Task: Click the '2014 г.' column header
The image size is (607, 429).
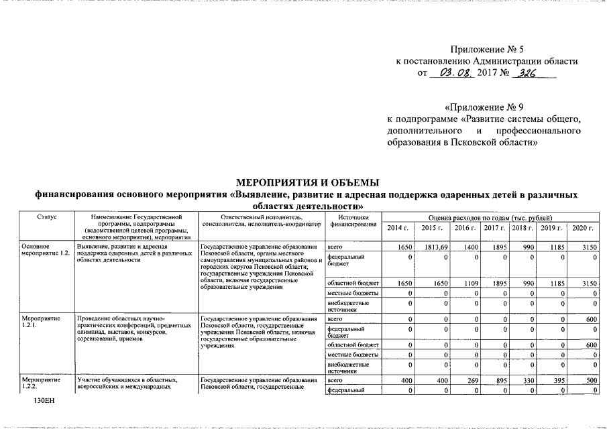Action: (398, 229)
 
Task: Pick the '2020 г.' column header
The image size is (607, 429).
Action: (582, 229)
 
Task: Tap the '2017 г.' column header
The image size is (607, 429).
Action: (494, 229)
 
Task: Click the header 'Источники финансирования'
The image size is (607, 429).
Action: (352, 221)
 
